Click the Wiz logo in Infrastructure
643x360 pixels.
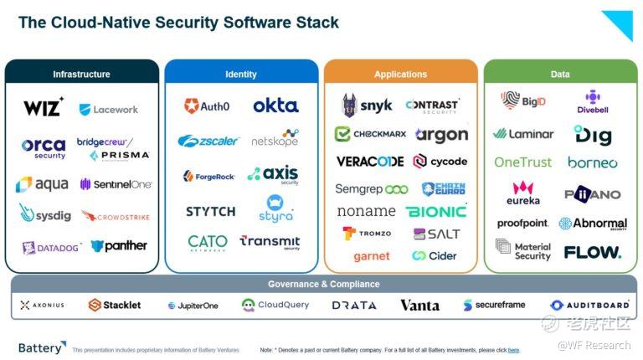pos(44,108)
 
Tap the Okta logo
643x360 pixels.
pos(275,105)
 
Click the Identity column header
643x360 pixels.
pos(241,75)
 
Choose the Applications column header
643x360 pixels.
pos(400,75)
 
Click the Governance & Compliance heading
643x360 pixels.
pos(323,285)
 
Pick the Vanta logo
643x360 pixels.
pos(419,306)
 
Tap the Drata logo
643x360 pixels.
pos(354,306)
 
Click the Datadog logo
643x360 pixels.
pos(52,247)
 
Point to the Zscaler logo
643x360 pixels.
pos(208,141)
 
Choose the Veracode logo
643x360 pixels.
pos(370,162)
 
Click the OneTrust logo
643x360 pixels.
pos(523,162)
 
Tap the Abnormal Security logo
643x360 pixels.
pos(593,224)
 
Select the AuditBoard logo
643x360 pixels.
pos(590,306)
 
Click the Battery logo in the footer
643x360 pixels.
pos(42,347)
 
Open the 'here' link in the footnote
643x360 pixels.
pos(513,350)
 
